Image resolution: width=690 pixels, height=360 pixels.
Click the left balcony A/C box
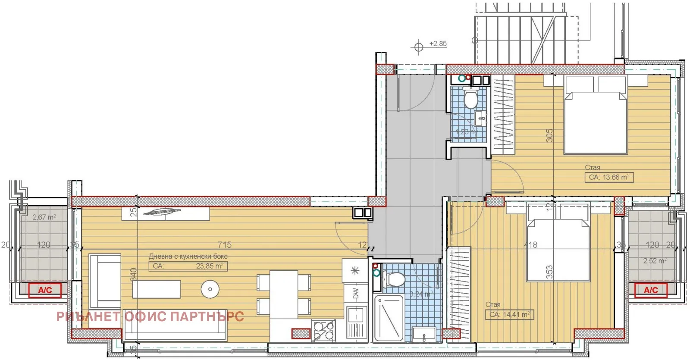[x=45, y=290]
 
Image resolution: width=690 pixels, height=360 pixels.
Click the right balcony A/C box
[x=651, y=290]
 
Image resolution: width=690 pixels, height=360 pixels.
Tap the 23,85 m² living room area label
[x=210, y=266]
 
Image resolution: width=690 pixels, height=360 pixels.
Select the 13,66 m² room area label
[x=609, y=177]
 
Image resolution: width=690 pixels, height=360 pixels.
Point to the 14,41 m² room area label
[x=509, y=315]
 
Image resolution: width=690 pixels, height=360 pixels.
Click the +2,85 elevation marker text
[x=438, y=44]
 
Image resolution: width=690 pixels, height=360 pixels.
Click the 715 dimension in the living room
[x=225, y=244]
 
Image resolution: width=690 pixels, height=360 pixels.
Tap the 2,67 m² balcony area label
[x=44, y=217]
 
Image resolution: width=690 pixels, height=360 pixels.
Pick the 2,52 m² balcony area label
[x=655, y=260]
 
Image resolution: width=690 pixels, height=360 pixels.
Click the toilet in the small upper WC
[x=470, y=98]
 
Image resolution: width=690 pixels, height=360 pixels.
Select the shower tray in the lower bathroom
[x=389, y=318]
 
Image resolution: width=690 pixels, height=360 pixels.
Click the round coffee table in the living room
[x=210, y=289]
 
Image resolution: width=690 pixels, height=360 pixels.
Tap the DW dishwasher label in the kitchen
[x=356, y=294]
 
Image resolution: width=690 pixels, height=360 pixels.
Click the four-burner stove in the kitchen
[x=324, y=331]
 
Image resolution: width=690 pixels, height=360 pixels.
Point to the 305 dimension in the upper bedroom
[x=549, y=135]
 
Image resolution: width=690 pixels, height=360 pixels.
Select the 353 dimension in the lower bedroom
[x=549, y=272]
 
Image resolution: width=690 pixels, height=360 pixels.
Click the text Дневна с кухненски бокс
[x=188, y=256]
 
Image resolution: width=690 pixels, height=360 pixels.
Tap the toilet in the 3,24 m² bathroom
[x=394, y=279]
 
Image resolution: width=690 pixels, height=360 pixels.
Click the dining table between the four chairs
[x=283, y=294]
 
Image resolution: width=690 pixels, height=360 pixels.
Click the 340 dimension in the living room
[x=133, y=274]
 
